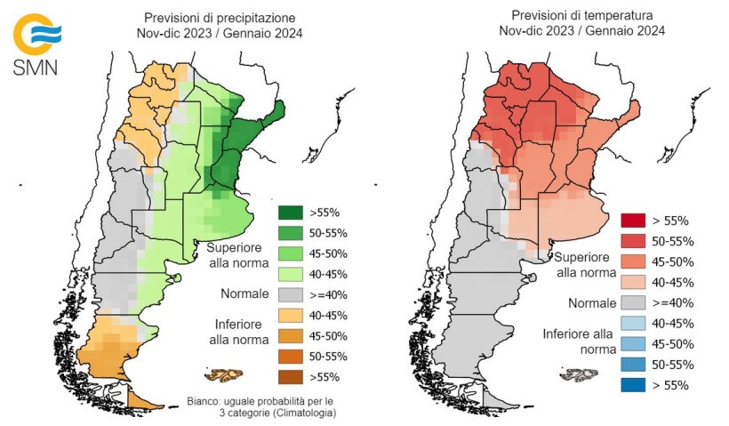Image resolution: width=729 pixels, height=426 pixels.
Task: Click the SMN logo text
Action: pos(36,68)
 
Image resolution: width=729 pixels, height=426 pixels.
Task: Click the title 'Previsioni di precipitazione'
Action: pos(221,18)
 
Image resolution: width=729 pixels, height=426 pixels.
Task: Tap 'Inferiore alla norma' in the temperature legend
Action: pos(578,342)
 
